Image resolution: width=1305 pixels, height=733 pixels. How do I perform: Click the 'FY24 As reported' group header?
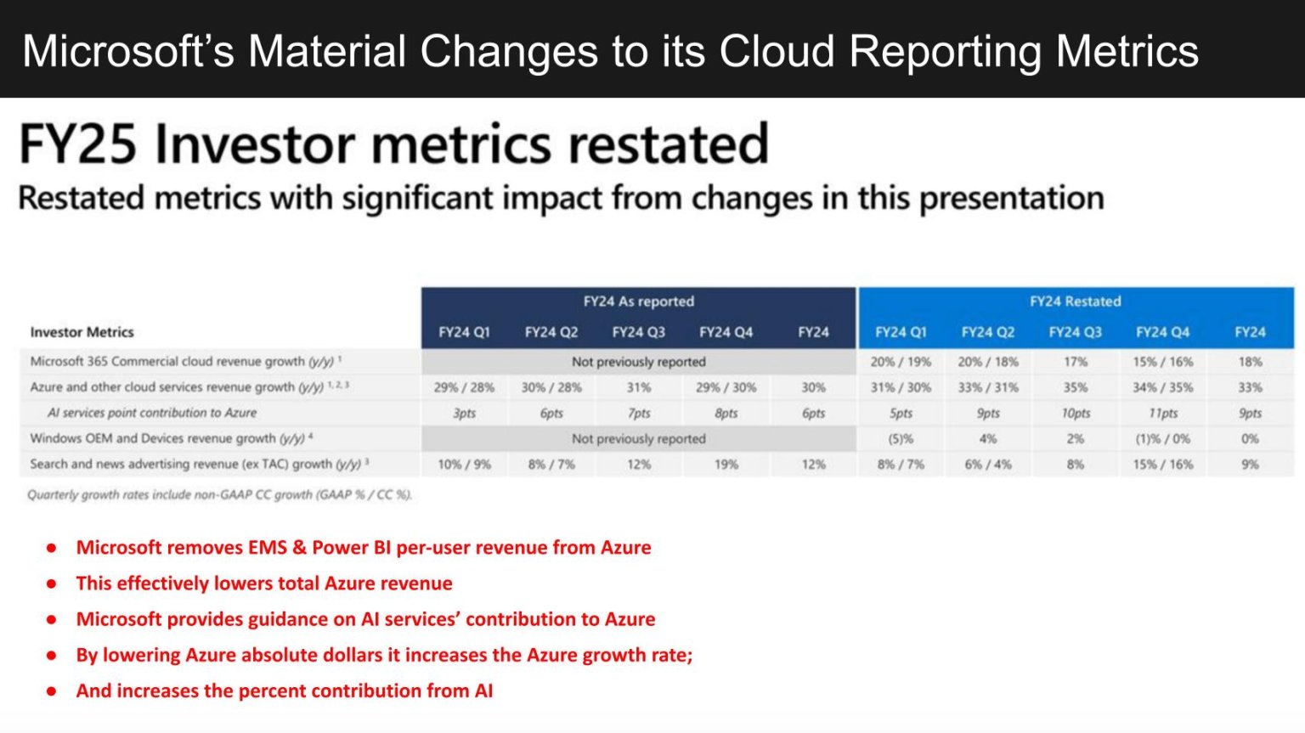tap(638, 302)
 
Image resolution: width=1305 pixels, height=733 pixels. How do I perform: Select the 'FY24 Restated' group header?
tap(1075, 302)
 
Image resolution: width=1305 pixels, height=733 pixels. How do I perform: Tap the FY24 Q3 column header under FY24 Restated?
tap(1075, 332)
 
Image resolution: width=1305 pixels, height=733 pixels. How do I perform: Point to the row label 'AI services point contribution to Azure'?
tap(152, 413)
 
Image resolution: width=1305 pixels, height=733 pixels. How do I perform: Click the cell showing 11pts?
tap(1162, 413)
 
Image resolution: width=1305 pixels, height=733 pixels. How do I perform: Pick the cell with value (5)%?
tap(901, 439)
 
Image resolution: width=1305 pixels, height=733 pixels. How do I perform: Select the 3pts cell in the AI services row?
tap(464, 413)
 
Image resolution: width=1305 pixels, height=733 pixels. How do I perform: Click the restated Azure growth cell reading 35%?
tap(1075, 387)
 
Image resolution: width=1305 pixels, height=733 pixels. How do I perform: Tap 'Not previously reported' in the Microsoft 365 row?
tap(638, 362)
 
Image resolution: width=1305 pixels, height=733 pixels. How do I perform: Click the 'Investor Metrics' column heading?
tap(82, 332)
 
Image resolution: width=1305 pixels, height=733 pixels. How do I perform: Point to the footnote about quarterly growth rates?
tap(219, 494)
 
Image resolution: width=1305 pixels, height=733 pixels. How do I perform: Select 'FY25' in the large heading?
tap(77, 144)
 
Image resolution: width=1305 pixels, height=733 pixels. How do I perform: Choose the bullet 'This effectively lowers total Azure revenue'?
tap(264, 584)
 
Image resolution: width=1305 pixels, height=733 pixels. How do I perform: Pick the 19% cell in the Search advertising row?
tap(726, 465)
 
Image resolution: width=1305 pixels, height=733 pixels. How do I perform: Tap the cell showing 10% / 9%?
tap(464, 465)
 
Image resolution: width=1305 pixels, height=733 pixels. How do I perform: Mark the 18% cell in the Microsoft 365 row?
tap(1250, 362)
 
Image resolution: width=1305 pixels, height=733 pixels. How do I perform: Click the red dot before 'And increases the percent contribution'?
tap(52, 691)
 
